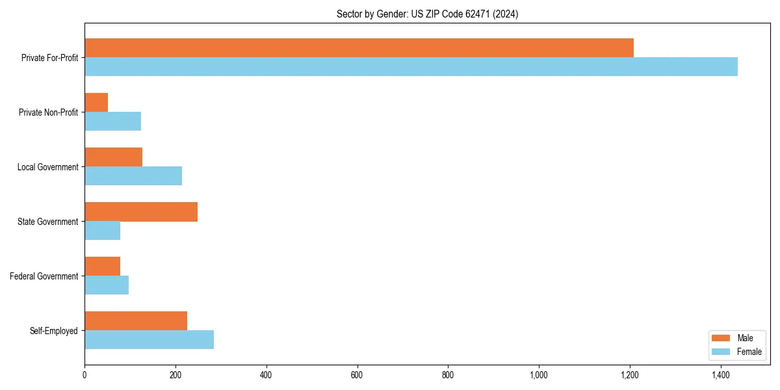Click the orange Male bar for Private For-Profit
359,47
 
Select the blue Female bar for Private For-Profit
411,66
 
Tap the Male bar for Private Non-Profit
96,103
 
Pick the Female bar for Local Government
133,175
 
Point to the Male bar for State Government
141,212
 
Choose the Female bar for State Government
102,230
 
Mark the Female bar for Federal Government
107,285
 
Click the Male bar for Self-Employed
136,320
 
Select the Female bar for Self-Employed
149,339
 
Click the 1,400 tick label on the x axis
720,375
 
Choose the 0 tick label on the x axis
84,375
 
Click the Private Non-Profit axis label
48,112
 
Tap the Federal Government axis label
44,276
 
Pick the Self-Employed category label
54,331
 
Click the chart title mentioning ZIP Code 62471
427,14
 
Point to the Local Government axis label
47,167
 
